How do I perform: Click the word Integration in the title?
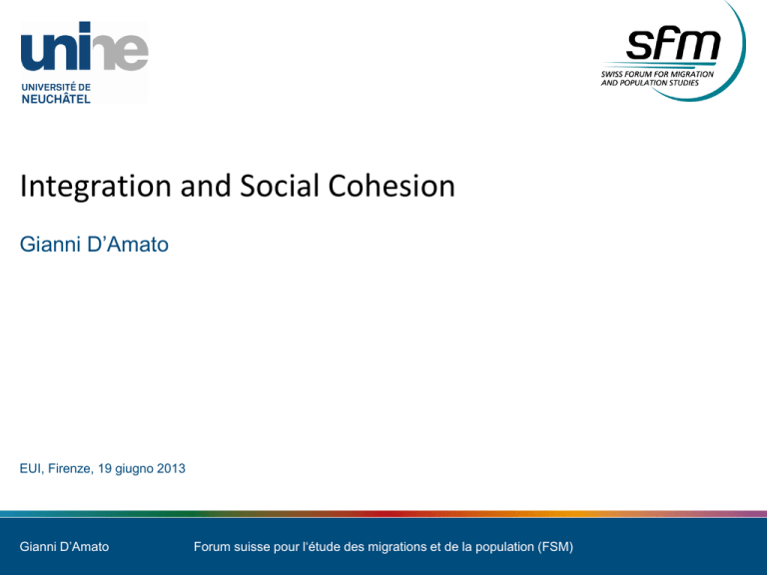[x=96, y=187]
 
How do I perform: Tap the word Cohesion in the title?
[x=391, y=186]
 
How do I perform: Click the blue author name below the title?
[x=94, y=244]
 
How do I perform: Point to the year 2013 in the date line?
[x=171, y=468]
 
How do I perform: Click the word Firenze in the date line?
[x=71, y=468]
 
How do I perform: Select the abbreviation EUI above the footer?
[x=32, y=468]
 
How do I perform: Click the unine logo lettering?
[x=84, y=47]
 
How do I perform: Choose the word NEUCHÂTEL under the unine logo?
[x=56, y=99]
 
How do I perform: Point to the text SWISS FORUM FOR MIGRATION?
[x=657, y=74]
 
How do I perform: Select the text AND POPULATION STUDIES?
[x=650, y=83]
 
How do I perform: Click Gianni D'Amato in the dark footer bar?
[x=64, y=547]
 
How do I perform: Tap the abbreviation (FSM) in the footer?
[x=555, y=547]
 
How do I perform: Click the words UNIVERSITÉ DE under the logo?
[x=56, y=87]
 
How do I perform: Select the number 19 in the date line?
[x=105, y=468]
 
